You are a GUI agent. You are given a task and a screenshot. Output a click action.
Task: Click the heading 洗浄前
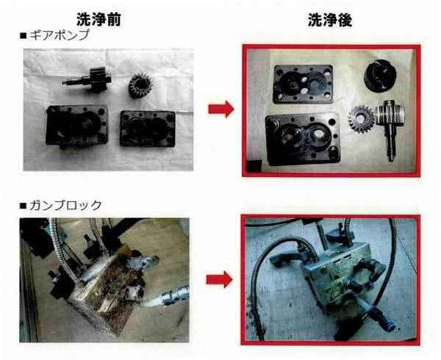pyautogui.click(x=98, y=20)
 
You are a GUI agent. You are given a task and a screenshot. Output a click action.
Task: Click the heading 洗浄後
pyautogui.click(x=330, y=21)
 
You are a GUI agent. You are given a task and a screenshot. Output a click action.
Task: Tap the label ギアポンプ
pyautogui.click(x=60, y=35)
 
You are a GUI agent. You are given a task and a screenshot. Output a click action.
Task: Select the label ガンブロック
pyautogui.click(x=65, y=206)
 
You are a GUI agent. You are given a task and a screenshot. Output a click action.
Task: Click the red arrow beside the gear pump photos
pyautogui.click(x=221, y=109)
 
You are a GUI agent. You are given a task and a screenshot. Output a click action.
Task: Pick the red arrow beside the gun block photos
pyautogui.click(x=219, y=280)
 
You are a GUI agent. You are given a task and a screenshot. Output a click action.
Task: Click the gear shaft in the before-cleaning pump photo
pyautogui.click(x=87, y=79)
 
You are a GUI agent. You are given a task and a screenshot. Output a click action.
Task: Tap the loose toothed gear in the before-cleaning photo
pyautogui.click(x=140, y=85)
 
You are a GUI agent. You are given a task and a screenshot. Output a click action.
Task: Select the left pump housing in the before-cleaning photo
pyautogui.click(x=76, y=126)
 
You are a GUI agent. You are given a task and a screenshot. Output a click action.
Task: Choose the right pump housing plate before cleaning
pyautogui.click(x=148, y=129)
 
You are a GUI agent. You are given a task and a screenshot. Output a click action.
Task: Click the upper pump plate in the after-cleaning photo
pyautogui.click(x=303, y=84)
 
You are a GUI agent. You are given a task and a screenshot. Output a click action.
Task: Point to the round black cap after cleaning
pyautogui.click(x=380, y=75)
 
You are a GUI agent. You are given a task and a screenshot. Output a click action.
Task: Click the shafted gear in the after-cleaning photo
pyautogui.click(x=391, y=129)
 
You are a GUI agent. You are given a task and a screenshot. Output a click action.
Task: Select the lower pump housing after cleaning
pyautogui.click(x=303, y=139)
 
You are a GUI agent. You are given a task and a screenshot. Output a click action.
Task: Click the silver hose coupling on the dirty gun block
pyautogui.click(x=174, y=295)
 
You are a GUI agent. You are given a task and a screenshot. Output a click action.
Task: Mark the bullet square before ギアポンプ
pyautogui.click(x=23, y=36)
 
